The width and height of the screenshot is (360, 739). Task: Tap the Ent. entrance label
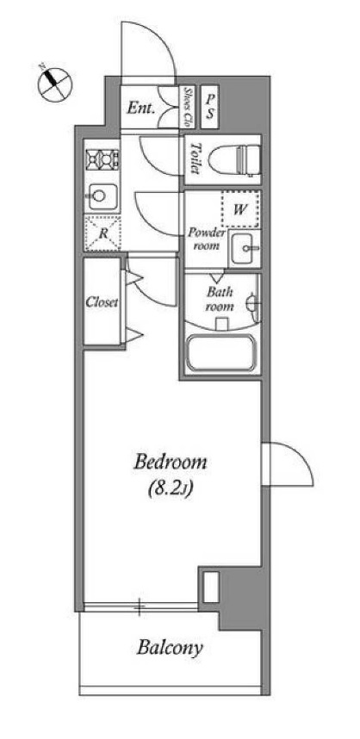point(140,108)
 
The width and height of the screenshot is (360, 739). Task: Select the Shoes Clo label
point(189,106)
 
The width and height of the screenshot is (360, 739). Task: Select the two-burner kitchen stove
point(102,158)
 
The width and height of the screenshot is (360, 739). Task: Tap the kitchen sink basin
point(101,196)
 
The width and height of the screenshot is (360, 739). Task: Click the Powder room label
point(208,239)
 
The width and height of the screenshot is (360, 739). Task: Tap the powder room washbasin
point(245,246)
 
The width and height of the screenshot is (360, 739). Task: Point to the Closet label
point(102,302)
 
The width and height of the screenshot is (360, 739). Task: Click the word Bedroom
point(171,463)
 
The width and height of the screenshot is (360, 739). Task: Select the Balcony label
point(170,648)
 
